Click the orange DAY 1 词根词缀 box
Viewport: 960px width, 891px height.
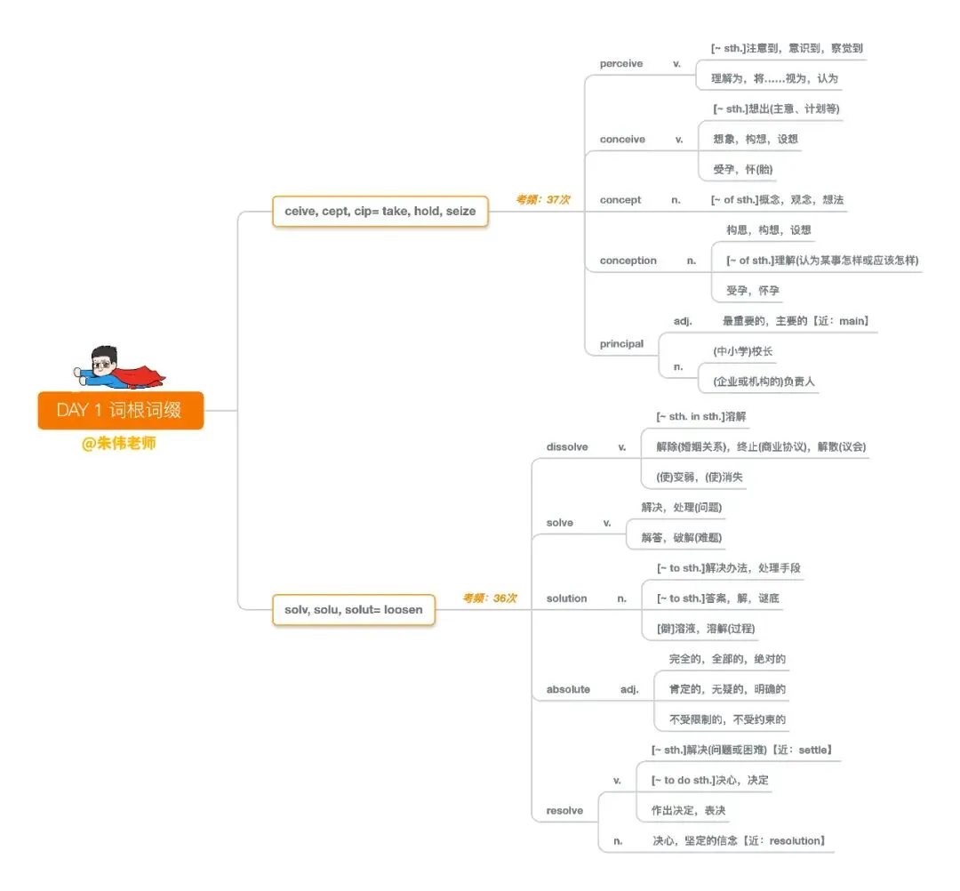[x=120, y=410]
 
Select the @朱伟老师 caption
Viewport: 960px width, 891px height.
[x=119, y=443]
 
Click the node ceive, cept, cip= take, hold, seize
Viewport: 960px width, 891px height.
[x=380, y=211]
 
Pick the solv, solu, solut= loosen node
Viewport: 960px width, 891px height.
[x=353, y=610]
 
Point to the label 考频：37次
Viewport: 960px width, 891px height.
[x=542, y=200]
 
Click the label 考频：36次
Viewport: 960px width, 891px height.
[x=489, y=598]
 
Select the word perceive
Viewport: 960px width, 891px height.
[x=621, y=64]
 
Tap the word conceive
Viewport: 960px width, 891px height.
[x=622, y=140]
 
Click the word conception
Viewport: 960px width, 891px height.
[x=628, y=261]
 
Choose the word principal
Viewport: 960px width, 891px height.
[x=621, y=343]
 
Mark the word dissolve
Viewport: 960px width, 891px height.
[x=567, y=446]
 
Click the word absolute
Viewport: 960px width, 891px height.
[x=568, y=689]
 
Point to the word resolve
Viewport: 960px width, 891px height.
[x=564, y=810]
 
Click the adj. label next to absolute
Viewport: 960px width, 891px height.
[x=629, y=689]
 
